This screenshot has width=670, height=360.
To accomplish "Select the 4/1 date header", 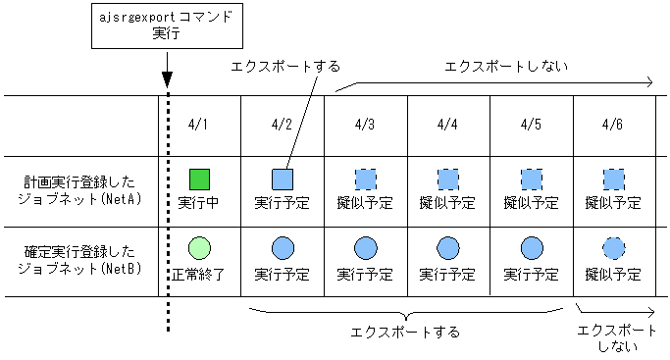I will coord(199,125).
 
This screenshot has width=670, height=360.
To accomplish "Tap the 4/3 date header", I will coord(365,125).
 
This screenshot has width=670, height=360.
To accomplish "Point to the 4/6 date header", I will coord(613,125).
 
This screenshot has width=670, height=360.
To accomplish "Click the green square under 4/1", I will coord(199,180).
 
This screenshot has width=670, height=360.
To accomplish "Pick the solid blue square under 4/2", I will coord(283,180).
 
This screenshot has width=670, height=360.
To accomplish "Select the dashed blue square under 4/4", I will coord(447,180).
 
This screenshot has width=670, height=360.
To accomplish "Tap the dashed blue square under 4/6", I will coord(613,180).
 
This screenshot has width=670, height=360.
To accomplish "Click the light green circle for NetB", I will coord(199,248).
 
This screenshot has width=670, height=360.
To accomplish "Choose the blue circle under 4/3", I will coord(365,248).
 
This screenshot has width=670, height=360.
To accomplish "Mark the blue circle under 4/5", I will coord(531,248).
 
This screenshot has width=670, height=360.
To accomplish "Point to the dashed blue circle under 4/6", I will coord(613,248).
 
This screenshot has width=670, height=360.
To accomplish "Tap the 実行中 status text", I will coord(199,204).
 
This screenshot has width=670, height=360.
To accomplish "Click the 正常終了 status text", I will coord(199,274).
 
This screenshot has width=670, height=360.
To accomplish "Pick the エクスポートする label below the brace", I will coord(404,331).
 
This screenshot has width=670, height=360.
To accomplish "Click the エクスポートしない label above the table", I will coord(492,66).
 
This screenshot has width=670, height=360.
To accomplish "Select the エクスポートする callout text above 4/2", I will coord(285,66).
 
